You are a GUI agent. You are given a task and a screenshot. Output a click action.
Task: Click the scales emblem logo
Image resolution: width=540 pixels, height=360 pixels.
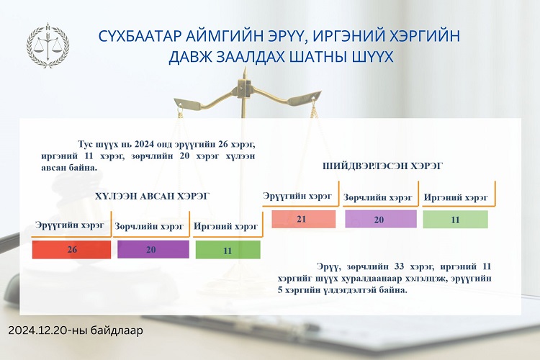48,45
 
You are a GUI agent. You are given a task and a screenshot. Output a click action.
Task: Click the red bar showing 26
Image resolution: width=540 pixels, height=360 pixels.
71,249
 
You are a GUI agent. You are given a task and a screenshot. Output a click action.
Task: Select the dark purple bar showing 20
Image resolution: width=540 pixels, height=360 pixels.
153,249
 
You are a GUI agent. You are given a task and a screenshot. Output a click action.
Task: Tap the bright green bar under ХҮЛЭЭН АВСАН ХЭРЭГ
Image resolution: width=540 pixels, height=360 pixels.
228,250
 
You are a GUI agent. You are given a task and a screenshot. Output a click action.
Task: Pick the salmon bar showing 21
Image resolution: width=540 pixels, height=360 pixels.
303,219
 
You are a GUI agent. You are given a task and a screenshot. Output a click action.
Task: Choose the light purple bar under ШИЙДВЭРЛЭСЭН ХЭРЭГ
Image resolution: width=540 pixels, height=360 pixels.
381,219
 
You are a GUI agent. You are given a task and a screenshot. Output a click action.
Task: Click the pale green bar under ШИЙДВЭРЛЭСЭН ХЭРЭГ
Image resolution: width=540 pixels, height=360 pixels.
455,219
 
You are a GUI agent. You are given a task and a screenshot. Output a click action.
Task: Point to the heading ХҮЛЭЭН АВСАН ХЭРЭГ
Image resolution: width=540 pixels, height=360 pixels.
152,196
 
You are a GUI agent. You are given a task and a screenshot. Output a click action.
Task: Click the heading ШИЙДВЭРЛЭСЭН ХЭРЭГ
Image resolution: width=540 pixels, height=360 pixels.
382,166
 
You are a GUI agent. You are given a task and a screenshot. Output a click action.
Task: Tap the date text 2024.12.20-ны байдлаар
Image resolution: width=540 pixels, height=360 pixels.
76,330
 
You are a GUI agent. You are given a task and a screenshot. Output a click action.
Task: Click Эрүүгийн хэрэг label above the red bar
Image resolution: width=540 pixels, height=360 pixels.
70,225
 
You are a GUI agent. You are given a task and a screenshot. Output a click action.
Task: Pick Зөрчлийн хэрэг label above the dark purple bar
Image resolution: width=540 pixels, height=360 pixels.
149,226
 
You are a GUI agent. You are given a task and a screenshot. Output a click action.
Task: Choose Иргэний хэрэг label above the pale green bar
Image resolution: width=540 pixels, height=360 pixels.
456,197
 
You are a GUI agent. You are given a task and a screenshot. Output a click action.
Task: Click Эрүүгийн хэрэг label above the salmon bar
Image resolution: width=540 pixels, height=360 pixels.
297,196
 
